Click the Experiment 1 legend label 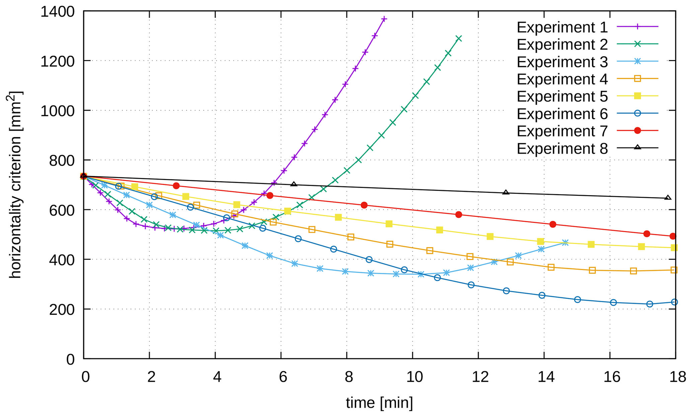point(562,27)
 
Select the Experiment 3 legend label point(562,62)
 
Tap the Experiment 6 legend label point(562,114)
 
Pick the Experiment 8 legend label point(562,148)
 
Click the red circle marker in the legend point(637,130)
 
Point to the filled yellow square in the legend point(637,96)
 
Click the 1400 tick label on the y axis point(57,12)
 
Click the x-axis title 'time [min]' point(379,403)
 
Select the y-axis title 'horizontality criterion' point(15,184)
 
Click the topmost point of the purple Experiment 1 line point(384,19)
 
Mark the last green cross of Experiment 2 point(459,39)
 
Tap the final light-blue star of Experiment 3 point(565,243)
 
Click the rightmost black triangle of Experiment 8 point(668,198)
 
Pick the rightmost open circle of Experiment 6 point(674,302)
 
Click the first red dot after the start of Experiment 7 point(176,186)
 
